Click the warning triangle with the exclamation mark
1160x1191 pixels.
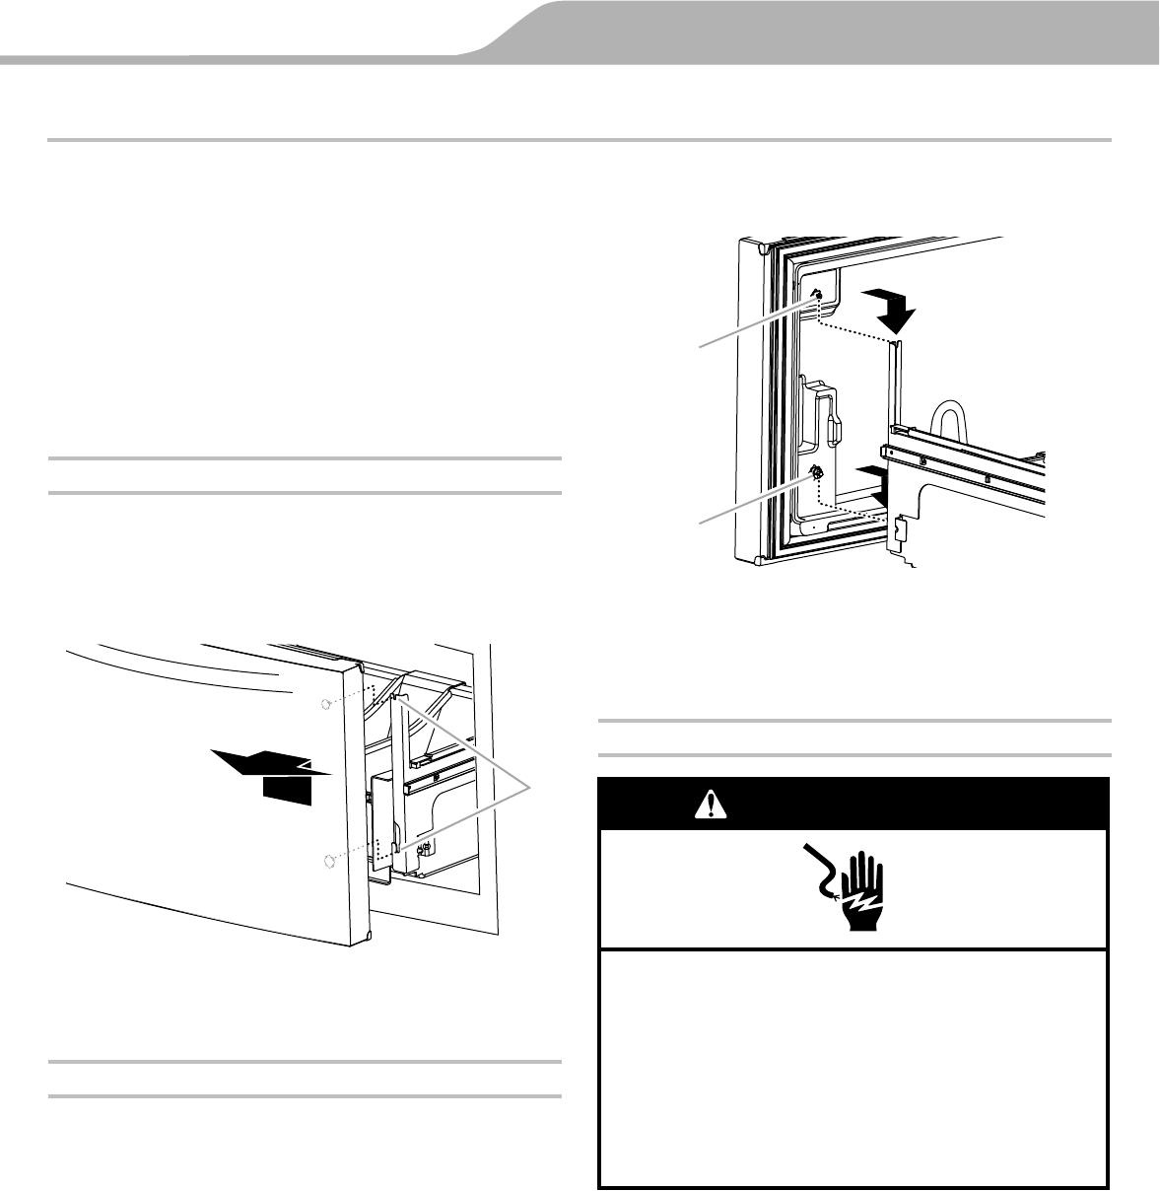pos(707,805)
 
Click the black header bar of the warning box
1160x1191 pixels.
pos(854,805)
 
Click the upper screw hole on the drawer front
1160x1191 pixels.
pos(326,702)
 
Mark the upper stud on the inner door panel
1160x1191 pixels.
pos(817,294)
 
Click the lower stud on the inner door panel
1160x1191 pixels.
pos(817,472)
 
